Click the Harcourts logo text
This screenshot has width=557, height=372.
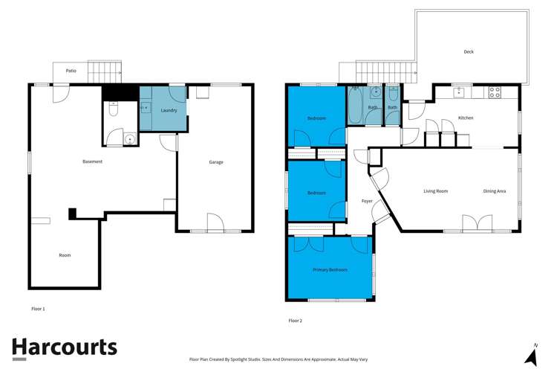pos(64,347)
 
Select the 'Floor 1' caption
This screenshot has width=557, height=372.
pos(38,308)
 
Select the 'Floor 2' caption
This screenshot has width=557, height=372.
pos(295,321)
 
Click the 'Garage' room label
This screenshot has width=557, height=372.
pos(216,162)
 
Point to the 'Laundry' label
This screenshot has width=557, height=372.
pos(169,110)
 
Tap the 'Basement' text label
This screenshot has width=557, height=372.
pos(92,161)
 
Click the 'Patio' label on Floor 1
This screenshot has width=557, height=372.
pos(71,71)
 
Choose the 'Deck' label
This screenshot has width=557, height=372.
pos(469,52)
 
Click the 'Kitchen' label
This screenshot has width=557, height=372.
pos(466,118)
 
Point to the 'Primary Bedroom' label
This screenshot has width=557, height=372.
pos(330,269)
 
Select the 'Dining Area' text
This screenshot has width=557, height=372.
pos(495,191)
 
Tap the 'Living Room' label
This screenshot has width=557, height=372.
pos(435,191)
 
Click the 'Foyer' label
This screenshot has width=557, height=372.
pos(367,201)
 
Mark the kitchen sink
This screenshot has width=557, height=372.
pos(460,92)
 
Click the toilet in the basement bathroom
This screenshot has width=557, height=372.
pos(113,109)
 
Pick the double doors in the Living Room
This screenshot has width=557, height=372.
pos(477,223)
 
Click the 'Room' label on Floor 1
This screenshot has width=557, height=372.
pos(65,255)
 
